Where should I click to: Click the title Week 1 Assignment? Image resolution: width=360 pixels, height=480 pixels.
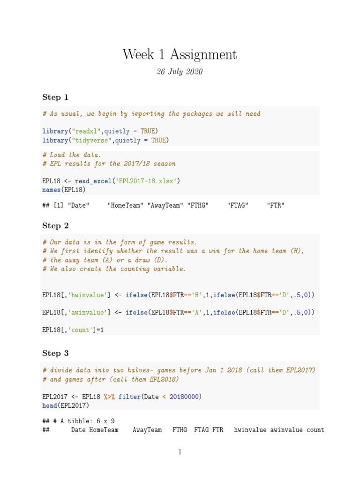180,55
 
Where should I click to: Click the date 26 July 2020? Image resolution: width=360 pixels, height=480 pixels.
180,72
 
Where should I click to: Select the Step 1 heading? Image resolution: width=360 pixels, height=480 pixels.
55,97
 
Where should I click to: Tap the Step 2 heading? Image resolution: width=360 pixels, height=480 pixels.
55,225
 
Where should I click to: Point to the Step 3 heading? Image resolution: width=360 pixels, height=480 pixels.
55,353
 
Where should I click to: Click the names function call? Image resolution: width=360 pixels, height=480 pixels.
51,190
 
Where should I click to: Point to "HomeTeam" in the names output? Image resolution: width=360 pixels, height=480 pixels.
125,205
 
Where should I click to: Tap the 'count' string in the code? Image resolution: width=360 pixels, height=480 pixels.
81,330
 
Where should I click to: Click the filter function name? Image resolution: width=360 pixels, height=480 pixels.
129,397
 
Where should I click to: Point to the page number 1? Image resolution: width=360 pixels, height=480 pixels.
180,452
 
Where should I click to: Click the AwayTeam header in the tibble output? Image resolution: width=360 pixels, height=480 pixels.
147,430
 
